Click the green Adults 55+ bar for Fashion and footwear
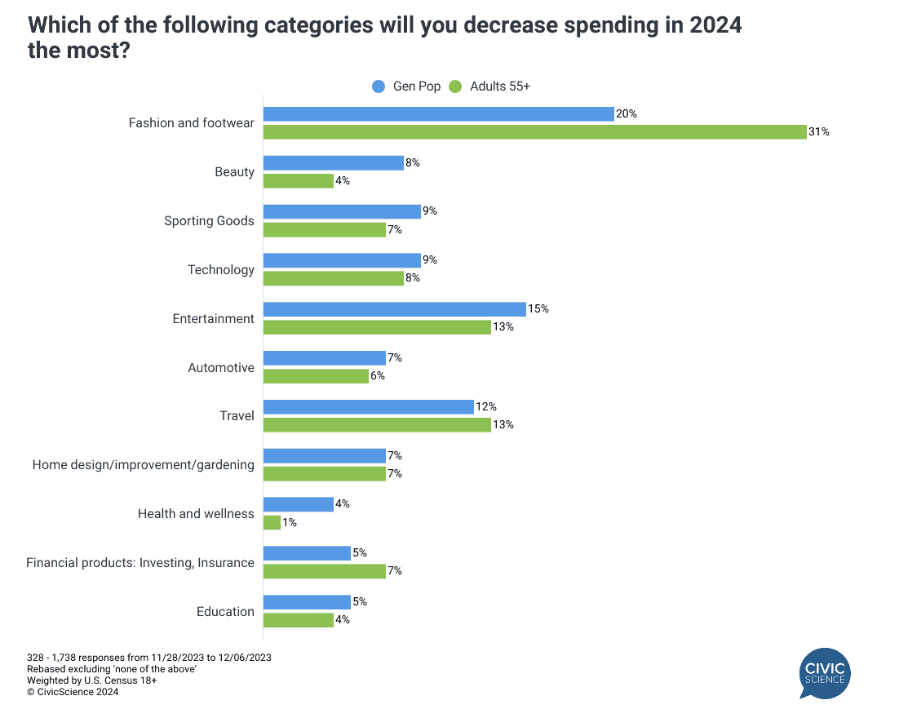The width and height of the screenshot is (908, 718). pyautogui.click(x=534, y=131)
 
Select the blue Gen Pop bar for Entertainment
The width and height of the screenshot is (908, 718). pyautogui.click(x=394, y=309)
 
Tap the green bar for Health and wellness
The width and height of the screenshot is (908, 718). pyautogui.click(x=272, y=522)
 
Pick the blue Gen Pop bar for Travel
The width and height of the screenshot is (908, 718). pyautogui.click(x=368, y=406)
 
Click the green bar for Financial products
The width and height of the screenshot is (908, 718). pyautogui.click(x=324, y=571)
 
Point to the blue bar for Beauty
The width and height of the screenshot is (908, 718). pyautogui.click(x=333, y=163)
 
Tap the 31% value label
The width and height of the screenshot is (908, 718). pyautogui.click(x=819, y=131)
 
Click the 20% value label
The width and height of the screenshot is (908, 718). pyautogui.click(x=626, y=114)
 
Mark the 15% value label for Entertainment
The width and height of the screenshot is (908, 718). pyautogui.click(x=538, y=309)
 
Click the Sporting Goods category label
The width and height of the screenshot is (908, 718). pyautogui.click(x=209, y=221)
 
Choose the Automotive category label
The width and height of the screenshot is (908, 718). pyautogui.click(x=221, y=368)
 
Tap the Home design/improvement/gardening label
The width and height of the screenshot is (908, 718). pyautogui.click(x=144, y=465)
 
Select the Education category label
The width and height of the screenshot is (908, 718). pyautogui.click(x=225, y=612)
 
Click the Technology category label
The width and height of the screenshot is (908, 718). pyautogui.click(x=221, y=270)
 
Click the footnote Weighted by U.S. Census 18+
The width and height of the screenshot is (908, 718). pyautogui.click(x=81, y=680)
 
